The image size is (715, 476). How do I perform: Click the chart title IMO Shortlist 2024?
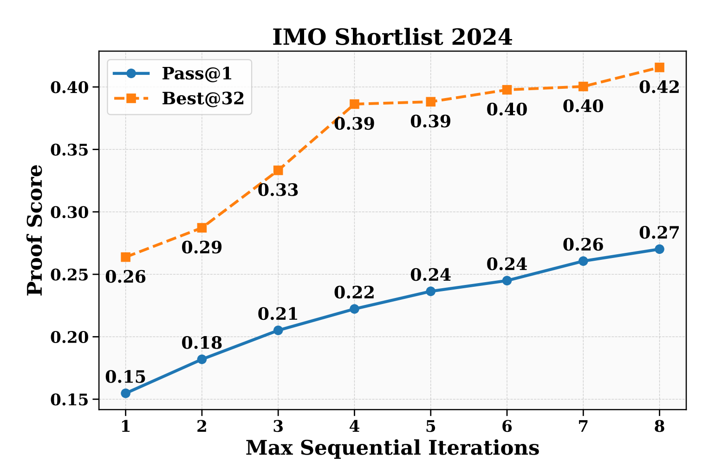point(392,38)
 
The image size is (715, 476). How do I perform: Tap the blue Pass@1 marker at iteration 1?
point(125,393)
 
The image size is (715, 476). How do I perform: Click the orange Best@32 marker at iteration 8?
point(659,67)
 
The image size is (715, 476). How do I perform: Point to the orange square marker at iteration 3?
point(278,170)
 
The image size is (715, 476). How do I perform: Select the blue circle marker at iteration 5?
point(430,291)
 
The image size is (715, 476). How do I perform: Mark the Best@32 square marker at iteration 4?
point(354,104)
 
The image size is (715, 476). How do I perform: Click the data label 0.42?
point(659,87)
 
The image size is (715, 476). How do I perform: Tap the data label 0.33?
point(278,190)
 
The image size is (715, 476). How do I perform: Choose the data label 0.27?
point(659,232)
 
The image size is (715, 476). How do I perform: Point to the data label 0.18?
point(201,343)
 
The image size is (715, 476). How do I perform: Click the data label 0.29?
point(201,248)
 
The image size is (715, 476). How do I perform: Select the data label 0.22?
point(354,293)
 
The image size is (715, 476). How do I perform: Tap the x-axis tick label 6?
point(507,426)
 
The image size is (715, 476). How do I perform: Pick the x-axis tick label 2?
point(201,426)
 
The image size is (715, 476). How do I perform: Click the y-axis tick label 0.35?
point(70,150)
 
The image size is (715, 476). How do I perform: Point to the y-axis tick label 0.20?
point(70,337)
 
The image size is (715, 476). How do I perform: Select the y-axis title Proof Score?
point(35,230)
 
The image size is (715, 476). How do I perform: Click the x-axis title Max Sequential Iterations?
point(392,449)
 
